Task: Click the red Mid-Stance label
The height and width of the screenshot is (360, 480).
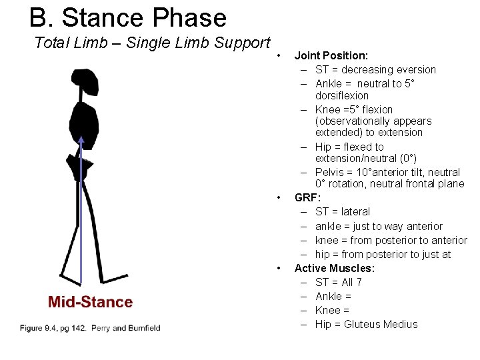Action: point(90,302)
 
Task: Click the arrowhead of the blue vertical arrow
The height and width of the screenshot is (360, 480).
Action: point(81,141)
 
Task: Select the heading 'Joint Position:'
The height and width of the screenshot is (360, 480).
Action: point(331,56)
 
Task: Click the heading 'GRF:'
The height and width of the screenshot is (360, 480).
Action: point(308,198)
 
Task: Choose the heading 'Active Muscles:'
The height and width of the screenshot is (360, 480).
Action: point(335,268)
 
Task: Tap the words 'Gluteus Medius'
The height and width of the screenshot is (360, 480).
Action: point(381,325)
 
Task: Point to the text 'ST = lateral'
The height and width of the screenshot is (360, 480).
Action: point(343,212)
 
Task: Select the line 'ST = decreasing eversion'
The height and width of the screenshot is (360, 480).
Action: point(375,69)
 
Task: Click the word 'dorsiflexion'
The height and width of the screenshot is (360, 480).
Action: point(342,95)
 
